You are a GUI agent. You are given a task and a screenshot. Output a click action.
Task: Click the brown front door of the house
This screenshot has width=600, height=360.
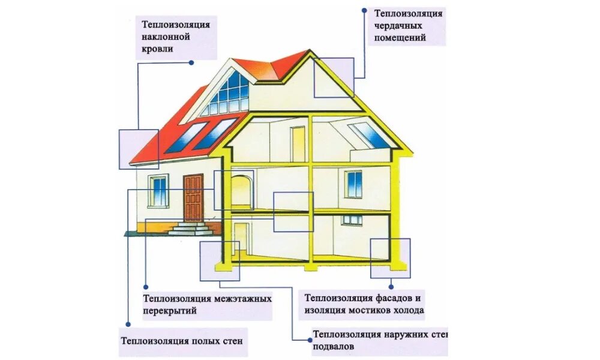click(x=193, y=197)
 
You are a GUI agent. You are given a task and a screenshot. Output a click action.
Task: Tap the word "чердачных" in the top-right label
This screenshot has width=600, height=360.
click(x=399, y=25)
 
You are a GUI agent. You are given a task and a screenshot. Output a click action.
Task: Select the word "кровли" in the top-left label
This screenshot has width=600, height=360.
click(x=158, y=49)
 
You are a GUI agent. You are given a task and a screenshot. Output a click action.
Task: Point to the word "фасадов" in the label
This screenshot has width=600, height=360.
click(x=389, y=298)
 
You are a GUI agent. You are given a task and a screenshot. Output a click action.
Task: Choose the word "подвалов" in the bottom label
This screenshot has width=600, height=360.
click(x=333, y=347)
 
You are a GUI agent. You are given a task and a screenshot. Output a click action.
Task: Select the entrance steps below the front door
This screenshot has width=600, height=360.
click(x=191, y=229)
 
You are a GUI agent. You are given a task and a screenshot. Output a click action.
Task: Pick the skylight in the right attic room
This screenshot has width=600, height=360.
click(x=370, y=136)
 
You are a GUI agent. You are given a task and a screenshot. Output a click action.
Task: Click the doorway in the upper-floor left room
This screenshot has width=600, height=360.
click(x=298, y=144)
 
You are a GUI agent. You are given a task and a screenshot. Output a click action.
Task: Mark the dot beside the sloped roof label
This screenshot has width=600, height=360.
click(x=191, y=62)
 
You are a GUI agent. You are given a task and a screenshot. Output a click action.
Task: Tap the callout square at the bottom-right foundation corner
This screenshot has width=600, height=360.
click(x=390, y=258)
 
